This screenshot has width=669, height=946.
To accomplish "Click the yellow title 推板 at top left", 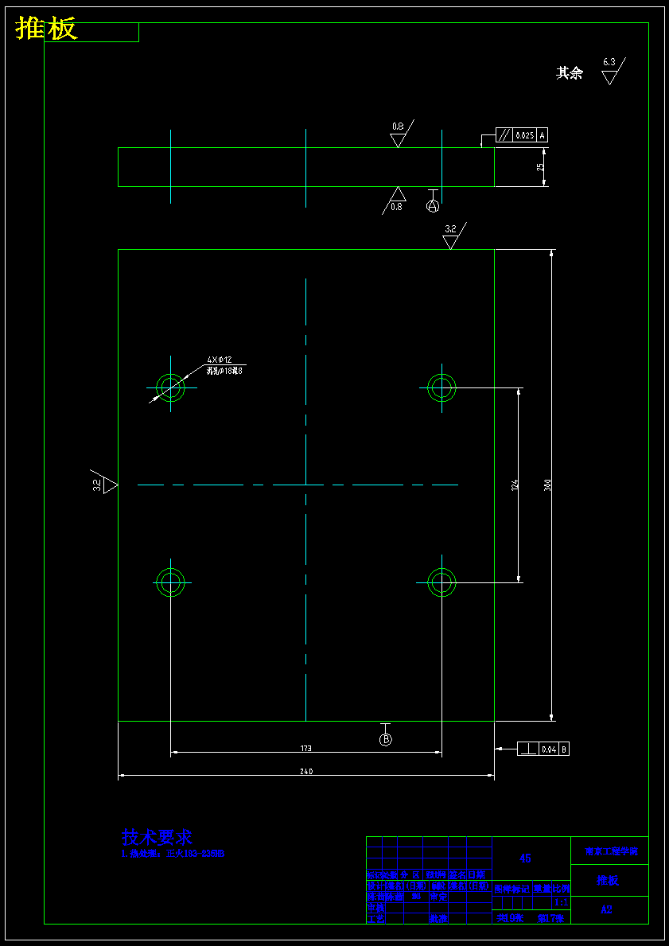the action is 46,29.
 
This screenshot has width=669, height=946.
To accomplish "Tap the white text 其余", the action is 569,73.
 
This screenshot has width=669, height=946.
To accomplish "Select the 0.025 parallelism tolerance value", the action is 525,135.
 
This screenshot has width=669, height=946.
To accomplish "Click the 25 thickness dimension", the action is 540,167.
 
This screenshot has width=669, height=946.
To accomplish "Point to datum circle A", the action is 433,206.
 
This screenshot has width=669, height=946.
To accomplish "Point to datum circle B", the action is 386,739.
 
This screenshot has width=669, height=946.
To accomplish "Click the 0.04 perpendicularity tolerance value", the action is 549,749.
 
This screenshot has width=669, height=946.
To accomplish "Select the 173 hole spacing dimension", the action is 306,749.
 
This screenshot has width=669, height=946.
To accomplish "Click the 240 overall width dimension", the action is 306,772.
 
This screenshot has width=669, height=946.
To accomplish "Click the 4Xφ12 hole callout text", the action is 220,360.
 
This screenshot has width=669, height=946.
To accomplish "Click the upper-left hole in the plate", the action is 170,388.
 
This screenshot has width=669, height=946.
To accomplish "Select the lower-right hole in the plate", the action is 441,582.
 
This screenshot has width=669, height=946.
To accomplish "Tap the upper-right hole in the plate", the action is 441,388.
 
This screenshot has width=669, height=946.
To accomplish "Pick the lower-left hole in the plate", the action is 170,582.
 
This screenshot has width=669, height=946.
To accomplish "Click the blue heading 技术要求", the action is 157,837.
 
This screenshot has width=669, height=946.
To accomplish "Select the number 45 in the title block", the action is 525,858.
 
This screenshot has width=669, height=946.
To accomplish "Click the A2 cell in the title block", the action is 607,909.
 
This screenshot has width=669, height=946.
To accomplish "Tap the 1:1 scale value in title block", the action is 561,902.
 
